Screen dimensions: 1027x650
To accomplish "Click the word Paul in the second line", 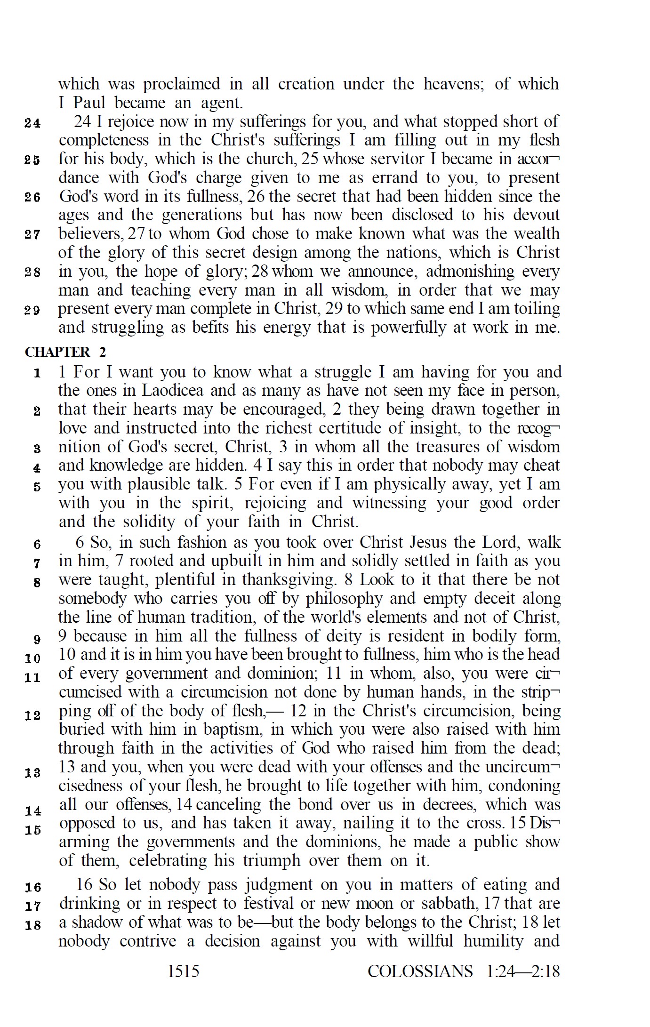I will pyautogui.click(x=88, y=103).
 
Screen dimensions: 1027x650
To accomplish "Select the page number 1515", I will pyautogui.click(x=184, y=971).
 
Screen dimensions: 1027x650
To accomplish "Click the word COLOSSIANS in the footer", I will pyautogui.click(x=420, y=971).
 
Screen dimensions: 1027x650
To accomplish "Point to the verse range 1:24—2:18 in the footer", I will pyautogui.click(x=523, y=971).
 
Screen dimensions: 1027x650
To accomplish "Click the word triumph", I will pyautogui.click(x=271, y=860).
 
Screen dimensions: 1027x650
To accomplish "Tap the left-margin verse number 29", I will pyautogui.click(x=32, y=310).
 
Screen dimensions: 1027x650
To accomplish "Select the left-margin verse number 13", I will pyautogui.click(x=32, y=773).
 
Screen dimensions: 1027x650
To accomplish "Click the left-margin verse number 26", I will pyautogui.click(x=32, y=197).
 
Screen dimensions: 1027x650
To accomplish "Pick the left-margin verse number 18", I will pyautogui.click(x=32, y=925).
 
